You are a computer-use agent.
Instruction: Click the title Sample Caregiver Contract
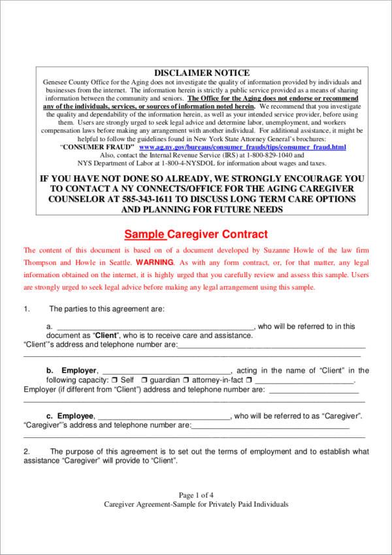point(196,235)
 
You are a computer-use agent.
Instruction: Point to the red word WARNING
point(155,262)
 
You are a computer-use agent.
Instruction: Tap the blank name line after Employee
point(163,418)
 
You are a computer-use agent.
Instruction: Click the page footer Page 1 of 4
point(196,495)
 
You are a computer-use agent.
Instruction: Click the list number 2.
point(26,452)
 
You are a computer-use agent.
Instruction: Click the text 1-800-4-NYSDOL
point(195,165)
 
